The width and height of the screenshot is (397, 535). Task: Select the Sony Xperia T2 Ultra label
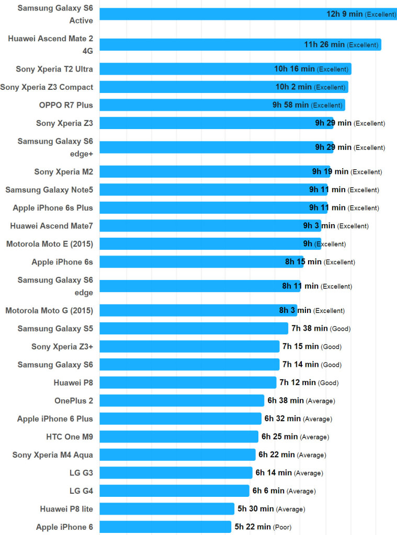point(54,69)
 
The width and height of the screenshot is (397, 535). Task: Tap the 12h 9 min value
point(344,14)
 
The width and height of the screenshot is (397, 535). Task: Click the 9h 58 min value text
point(290,105)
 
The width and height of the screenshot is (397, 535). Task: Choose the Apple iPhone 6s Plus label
point(53,208)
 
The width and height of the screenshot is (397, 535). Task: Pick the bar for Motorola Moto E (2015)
point(210,243)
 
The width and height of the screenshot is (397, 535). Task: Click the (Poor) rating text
point(283,527)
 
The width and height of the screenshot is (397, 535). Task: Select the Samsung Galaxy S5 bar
point(194,328)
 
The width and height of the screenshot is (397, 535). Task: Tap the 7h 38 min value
point(310,328)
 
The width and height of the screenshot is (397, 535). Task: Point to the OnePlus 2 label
point(74,401)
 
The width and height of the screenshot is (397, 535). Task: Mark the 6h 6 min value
point(268,491)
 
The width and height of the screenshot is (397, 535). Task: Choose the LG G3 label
point(81,473)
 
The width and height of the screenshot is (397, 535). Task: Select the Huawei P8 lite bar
point(167,509)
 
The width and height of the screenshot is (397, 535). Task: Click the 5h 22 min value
point(253,527)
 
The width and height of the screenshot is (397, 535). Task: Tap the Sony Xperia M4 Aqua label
point(53,455)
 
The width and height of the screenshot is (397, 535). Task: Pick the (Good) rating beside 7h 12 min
point(328,383)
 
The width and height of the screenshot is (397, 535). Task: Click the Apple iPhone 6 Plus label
point(55,418)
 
